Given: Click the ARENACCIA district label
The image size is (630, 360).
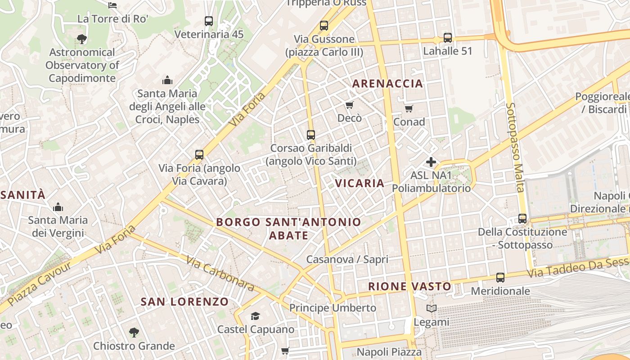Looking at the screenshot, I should click(387, 83).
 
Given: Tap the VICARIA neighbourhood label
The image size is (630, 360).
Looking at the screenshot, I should click(360, 183).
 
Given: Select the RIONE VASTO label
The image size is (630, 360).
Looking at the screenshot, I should click(409, 286).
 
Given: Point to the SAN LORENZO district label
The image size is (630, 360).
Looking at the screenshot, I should click(184, 301).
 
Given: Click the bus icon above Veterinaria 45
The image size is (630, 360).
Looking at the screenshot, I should click(209, 21).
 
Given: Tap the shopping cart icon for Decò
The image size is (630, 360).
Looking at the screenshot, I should click(350, 105).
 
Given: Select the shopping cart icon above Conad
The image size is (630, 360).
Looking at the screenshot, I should click(409, 108).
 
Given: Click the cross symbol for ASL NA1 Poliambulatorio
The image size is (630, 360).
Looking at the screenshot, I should click(431, 162).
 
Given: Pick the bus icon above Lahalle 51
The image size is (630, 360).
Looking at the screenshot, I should click(448, 38).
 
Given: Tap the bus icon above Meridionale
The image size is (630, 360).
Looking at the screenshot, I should click(500, 278).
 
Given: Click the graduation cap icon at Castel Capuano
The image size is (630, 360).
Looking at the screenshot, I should click(256, 316).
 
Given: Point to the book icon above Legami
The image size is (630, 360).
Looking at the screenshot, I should click(432, 309).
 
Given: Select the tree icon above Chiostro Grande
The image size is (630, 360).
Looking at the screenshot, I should click(134, 333).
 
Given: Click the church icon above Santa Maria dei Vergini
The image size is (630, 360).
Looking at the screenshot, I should click(58, 207).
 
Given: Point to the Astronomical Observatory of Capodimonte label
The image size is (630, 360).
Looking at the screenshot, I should click(82, 65).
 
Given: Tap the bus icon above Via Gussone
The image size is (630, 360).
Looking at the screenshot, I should click(324, 25).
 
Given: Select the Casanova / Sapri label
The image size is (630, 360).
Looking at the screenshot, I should click(347, 259).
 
